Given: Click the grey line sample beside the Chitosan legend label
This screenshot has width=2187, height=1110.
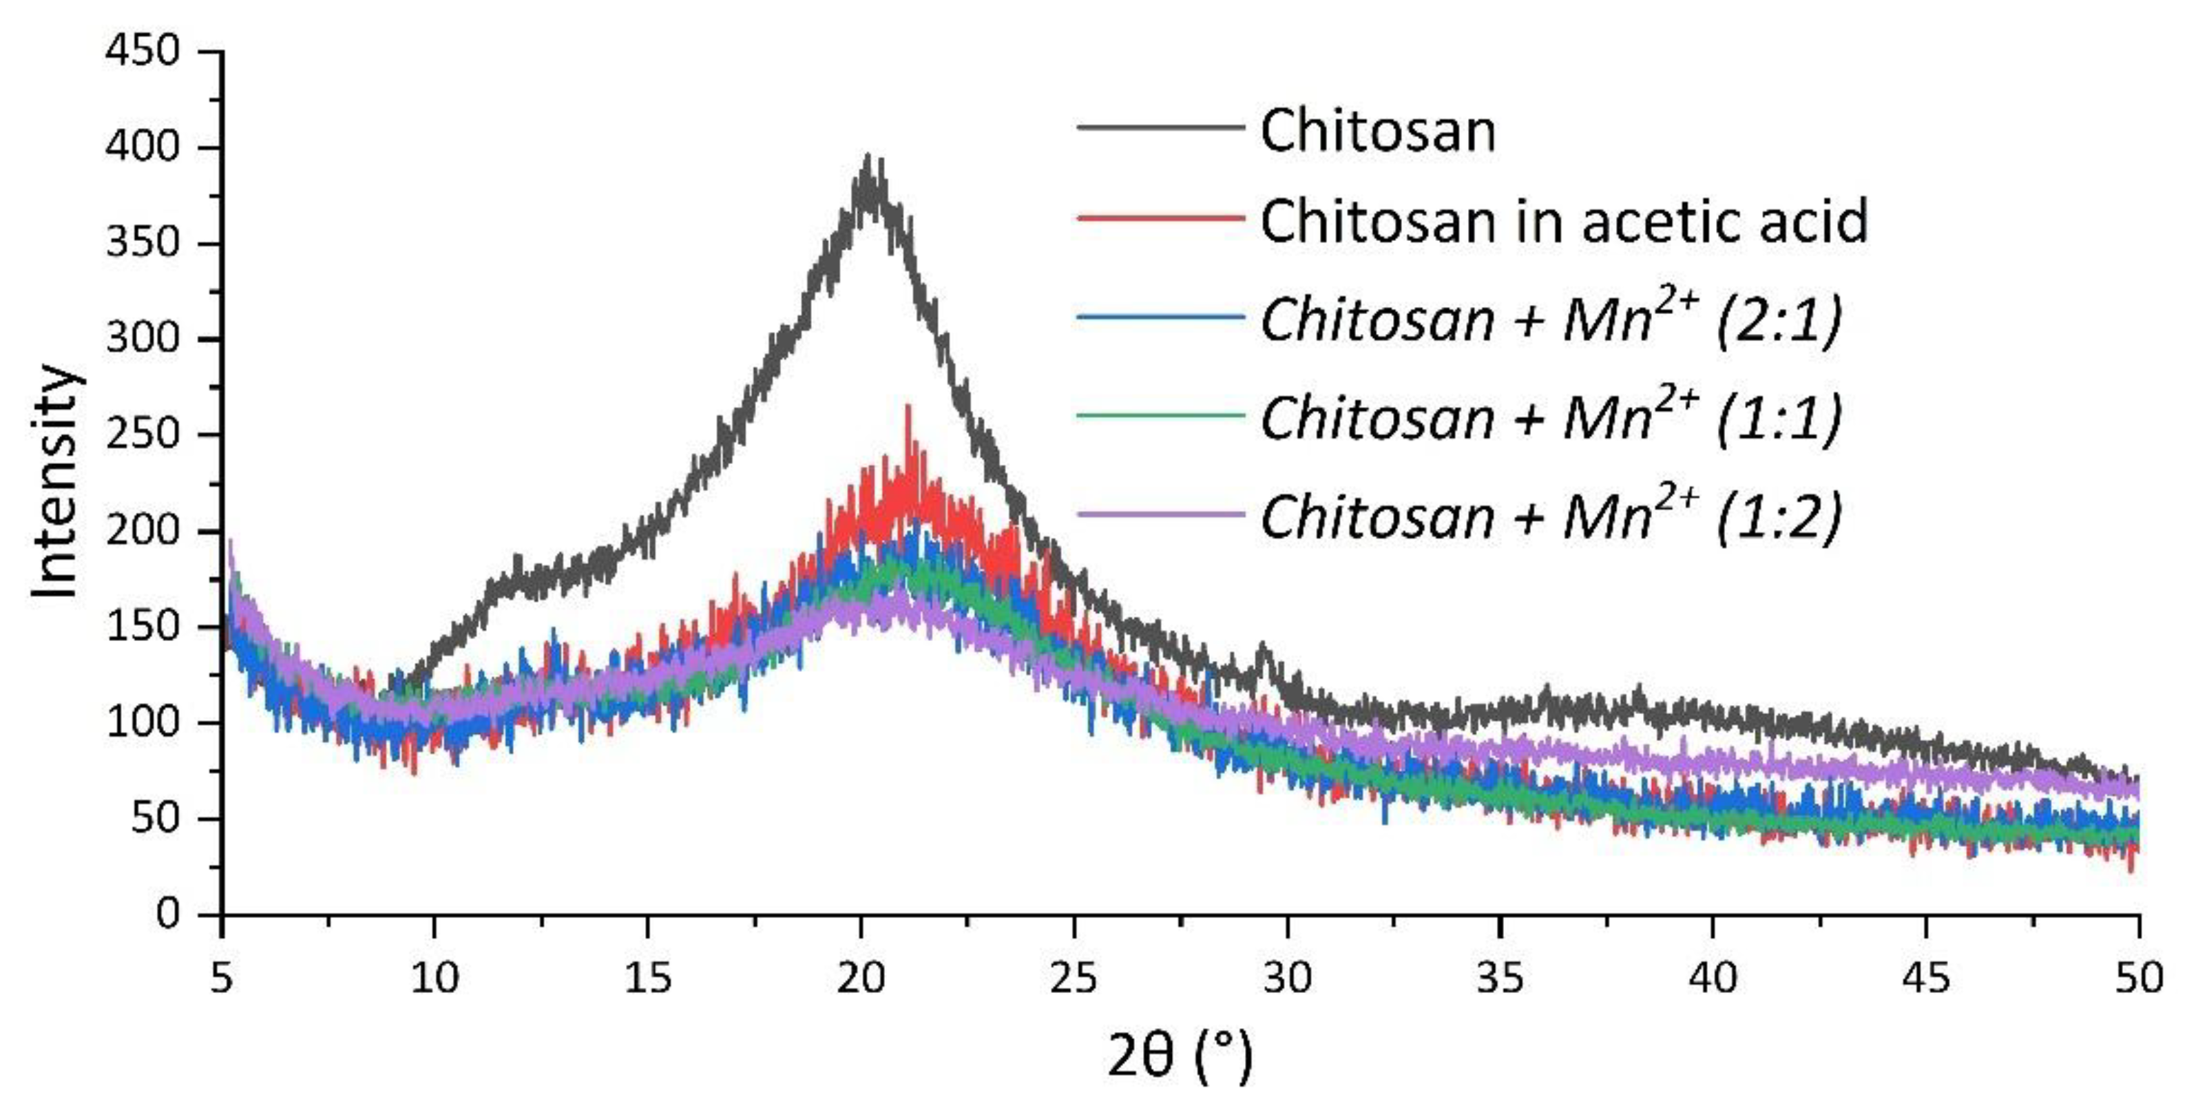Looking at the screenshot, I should pyautogui.click(x=1160, y=127).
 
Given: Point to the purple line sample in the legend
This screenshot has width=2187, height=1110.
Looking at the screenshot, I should pyautogui.click(x=1160, y=514).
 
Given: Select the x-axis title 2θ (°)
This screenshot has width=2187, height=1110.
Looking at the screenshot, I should pyautogui.click(x=1180, y=1054).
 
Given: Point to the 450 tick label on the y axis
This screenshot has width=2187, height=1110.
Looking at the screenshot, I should pyautogui.click(x=143, y=51).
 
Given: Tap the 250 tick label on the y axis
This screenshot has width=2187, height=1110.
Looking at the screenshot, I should pyautogui.click(x=143, y=434).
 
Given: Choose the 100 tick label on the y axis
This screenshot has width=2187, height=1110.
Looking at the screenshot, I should pyautogui.click(x=143, y=723).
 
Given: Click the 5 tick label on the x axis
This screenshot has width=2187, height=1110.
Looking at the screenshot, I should pyautogui.click(x=222, y=978).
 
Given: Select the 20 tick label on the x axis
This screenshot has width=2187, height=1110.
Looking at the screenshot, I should pyautogui.click(x=861, y=978).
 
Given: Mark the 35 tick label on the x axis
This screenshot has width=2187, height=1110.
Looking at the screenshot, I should pyautogui.click(x=1500, y=978).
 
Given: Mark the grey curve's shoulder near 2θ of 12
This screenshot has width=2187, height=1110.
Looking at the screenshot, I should pyautogui.click(x=516, y=561).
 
